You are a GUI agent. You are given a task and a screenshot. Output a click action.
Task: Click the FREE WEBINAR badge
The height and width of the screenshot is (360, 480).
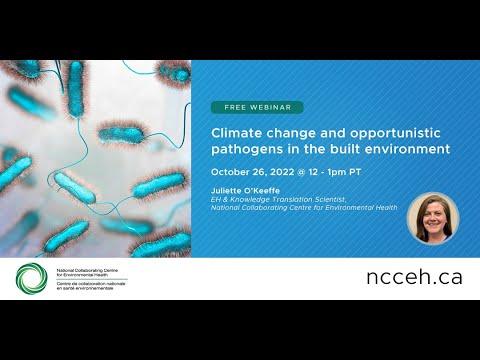click(256, 107)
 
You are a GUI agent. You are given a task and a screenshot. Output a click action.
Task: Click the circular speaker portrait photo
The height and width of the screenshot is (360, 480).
click(433, 218)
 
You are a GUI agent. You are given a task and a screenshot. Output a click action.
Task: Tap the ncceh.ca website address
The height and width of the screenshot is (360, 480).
click(414, 277)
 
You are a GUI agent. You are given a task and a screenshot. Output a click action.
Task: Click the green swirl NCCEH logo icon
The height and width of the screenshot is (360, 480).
click(30, 278)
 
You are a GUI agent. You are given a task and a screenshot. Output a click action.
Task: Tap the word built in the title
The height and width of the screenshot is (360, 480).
click(345, 149)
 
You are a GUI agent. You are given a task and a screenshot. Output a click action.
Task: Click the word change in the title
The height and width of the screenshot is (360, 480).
click(297, 131)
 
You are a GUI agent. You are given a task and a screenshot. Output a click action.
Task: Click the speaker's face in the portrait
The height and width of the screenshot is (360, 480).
click(433, 214)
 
